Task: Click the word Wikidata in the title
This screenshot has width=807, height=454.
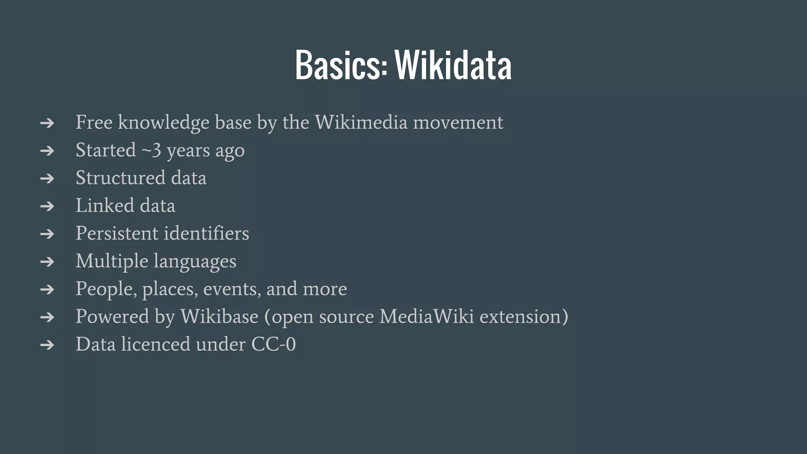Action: (x=453, y=65)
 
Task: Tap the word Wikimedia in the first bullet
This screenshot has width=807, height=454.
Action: (x=361, y=122)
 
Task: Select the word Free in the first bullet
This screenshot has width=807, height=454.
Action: (x=94, y=122)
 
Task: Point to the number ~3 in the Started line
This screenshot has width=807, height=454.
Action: (x=151, y=150)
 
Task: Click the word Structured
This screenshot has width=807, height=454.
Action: (x=121, y=178)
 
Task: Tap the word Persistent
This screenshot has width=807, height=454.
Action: (x=117, y=233)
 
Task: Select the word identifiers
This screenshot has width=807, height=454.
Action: (x=206, y=233)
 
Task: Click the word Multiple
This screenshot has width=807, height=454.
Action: (x=112, y=261)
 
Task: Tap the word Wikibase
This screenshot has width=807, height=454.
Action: (x=219, y=316)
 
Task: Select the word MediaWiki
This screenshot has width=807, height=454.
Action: (x=427, y=316)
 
